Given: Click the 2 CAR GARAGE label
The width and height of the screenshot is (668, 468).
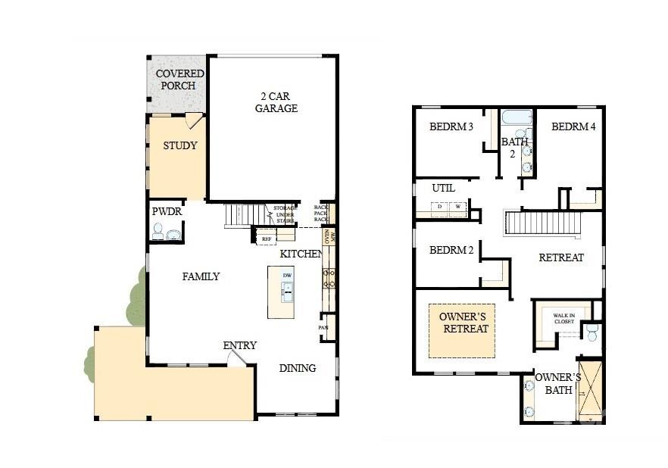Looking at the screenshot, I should [276, 102].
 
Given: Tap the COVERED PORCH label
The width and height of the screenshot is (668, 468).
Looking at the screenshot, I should [179, 80].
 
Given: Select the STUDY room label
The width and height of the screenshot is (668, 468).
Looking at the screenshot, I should [179, 145].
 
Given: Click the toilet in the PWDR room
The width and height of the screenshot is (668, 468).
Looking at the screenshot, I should [158, 232].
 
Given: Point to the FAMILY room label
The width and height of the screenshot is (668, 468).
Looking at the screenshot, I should [201, 276].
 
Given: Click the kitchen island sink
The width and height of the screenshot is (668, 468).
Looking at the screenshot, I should [287, 289].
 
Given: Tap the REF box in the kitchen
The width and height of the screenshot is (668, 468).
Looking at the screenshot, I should [266, 239].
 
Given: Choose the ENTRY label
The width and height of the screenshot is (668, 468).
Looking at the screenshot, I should [239, 345].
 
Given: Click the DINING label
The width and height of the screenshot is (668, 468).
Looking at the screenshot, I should [297, 368].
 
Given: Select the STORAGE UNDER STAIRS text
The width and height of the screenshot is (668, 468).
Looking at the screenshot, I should [285, 215].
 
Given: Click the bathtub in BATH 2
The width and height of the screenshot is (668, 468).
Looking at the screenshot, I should [518, 118].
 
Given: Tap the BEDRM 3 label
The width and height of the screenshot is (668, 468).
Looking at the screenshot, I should [451, 126].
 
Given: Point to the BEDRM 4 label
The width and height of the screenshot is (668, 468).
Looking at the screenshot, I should [573, 126].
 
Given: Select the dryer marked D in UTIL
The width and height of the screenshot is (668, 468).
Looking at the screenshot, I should [440, 206].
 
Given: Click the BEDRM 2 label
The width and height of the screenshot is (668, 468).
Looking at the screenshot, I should [451, 251].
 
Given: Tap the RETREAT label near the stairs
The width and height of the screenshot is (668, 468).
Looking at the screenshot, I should [560, 257].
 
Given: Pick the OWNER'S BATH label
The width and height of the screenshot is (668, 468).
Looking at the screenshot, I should [557, 384].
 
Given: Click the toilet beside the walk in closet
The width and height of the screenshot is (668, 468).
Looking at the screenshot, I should [592, 332].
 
